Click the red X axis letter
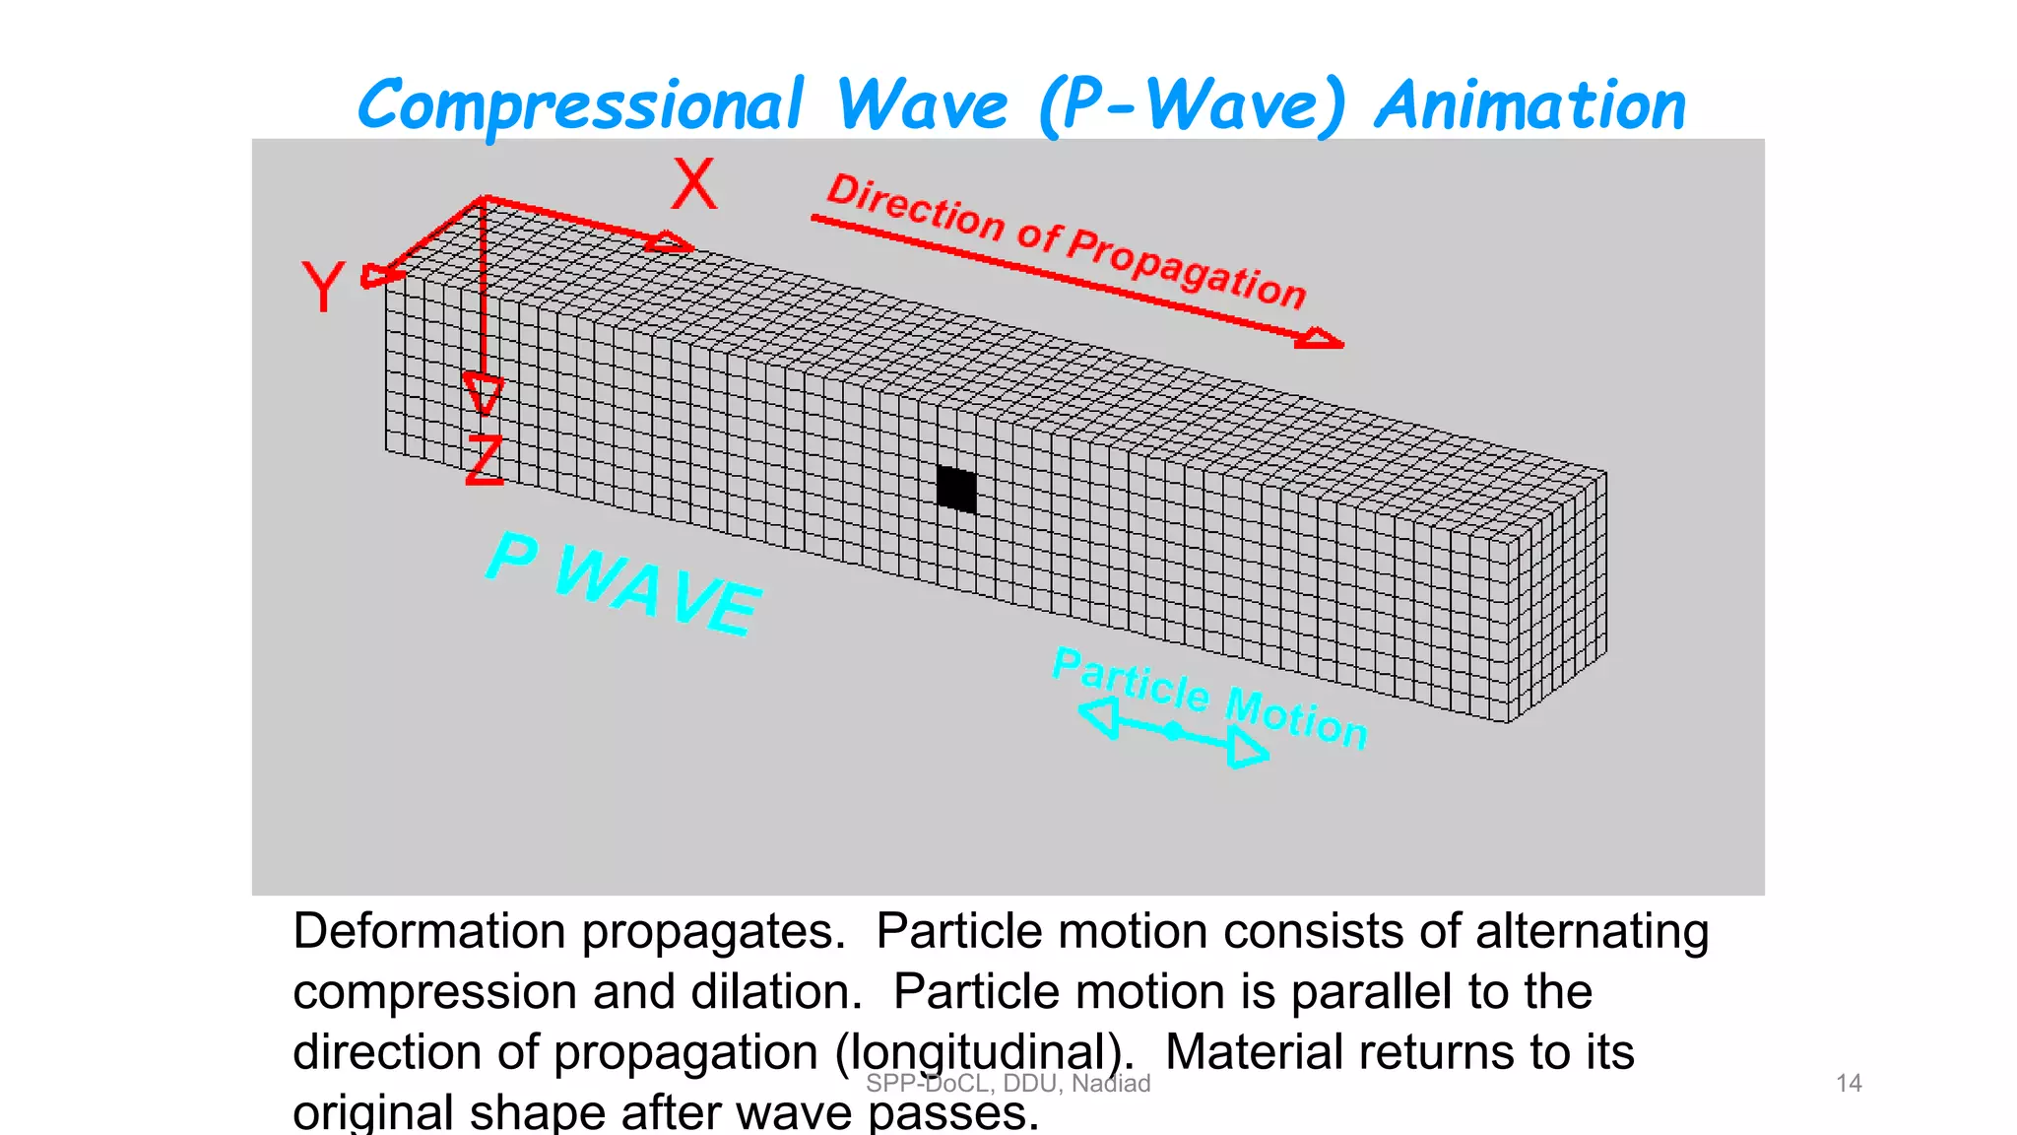pyautogui.click(x=694, y=184)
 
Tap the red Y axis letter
pyautogui.click(x=323, y=286)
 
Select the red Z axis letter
pyautogui.click(x=485, y=459)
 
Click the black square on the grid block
pyautogui.click(x=956, y=489)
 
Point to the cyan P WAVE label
pyautogui.click(x=624, y=583)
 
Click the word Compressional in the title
pyautogui.click(x=581, y=106)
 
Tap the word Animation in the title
pyautogui.click(x=1530, y=106)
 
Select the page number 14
pyautogui.click(x=1849, y=1084)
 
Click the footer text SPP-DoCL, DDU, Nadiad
pyautogui.click(x=1008, y=1084)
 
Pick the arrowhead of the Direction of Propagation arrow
pyautogui.click(x=1321, y=340)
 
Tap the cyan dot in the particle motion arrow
pyautogui.click(x=1173, y=730)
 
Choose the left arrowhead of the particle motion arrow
pyautogui.click(x=1100, y=716)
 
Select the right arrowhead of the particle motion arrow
pyautogui.click(x=1247, y=751)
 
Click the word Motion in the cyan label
pyautogui.click(x=1296, y=717)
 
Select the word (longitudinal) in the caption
pyautogui.click(x=979, y=1052)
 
